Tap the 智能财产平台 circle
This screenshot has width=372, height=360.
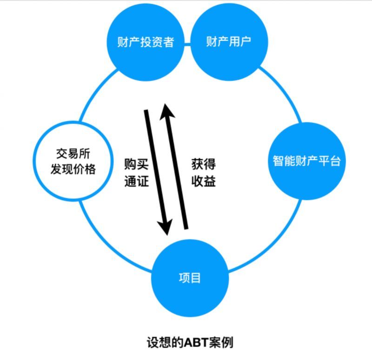pos(306,161)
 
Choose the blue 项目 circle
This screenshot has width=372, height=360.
pos(190,278)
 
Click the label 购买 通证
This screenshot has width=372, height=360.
pos(136,173)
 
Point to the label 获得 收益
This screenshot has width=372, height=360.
pos(203,173)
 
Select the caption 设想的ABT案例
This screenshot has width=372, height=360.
pos(190,342)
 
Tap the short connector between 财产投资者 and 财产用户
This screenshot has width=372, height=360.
pos(187,45)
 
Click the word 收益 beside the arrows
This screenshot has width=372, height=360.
pos(203,181)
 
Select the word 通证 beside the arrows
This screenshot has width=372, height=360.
pos(136,181)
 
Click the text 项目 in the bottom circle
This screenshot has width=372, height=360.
pos(190,278)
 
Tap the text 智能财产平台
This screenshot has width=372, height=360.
pos(306,161)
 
